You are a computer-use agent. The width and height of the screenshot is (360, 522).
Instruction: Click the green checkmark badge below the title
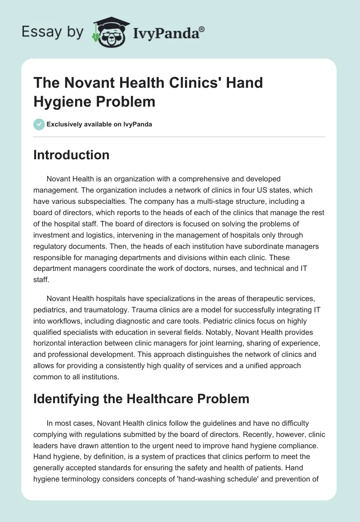coord(39,124)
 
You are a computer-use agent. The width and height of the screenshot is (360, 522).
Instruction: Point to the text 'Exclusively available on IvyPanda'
coord(99,124)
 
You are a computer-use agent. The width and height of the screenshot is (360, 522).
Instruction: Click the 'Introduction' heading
coord(72,155)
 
